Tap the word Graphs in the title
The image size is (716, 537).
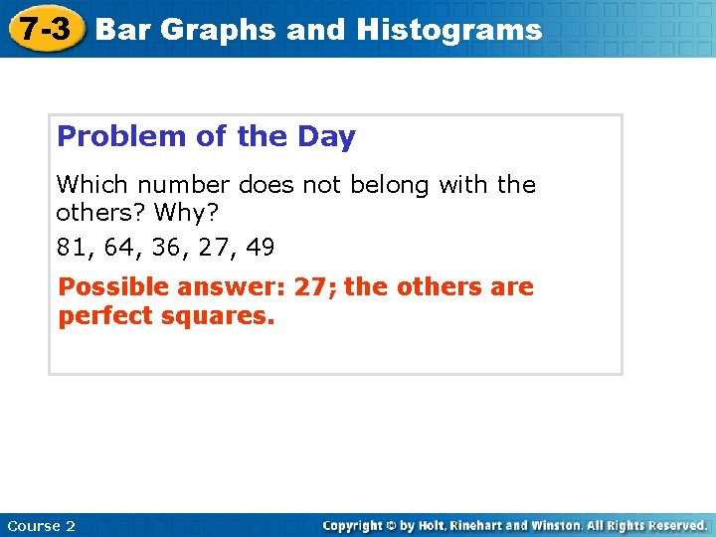point(219,30)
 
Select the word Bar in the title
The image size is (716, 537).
point(123,30)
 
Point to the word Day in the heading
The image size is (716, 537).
point(327,137)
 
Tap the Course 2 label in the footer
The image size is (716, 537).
point(41,526)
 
